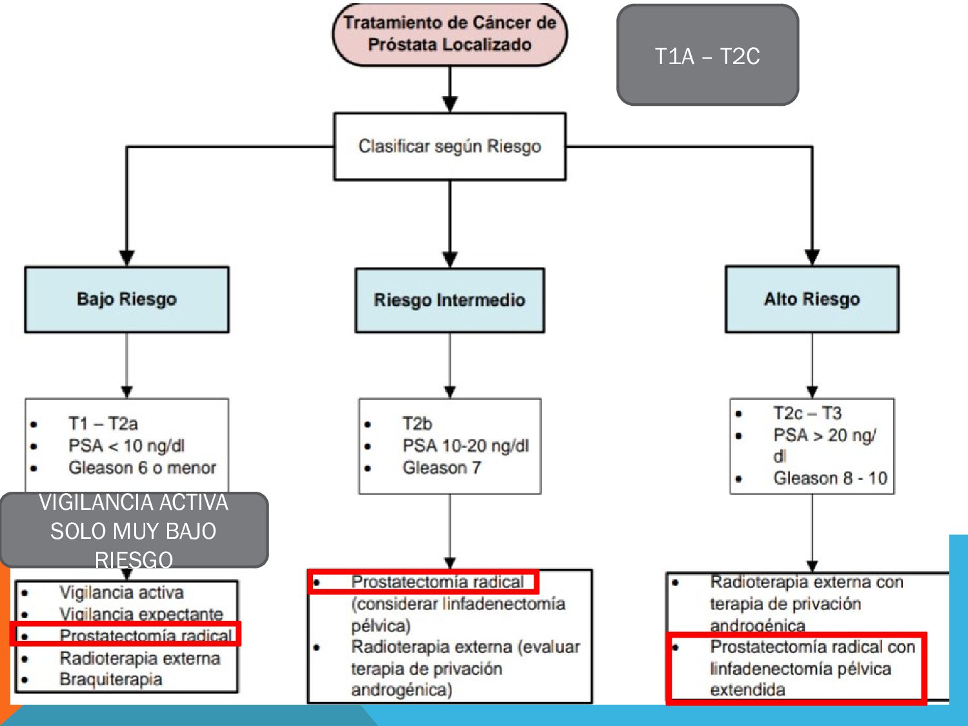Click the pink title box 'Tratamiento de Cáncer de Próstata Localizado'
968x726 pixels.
click(450, 34)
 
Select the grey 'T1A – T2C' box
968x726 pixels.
click(707, 55)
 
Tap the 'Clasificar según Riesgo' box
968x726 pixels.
click(450, 146)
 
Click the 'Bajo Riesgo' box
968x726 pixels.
click(126, 299)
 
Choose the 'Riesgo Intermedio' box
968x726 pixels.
click(450, 300)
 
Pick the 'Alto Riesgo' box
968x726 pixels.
click(812, 299)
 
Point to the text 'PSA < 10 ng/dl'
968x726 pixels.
click(126, 446)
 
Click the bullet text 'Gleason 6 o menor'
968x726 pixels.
click(142, 468)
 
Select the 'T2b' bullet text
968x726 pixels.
click(417, 424)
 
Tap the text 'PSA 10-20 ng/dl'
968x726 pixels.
click(465, 446)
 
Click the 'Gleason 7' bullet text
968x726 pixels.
click(442, 468)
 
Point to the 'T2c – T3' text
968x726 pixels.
click(807, 413)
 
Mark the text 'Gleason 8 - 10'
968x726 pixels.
click(830, 478)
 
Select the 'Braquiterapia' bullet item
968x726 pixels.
click(110, 680)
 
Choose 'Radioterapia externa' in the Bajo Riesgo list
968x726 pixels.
click(139, 658)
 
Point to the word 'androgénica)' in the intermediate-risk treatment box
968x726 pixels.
click(401, 690)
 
